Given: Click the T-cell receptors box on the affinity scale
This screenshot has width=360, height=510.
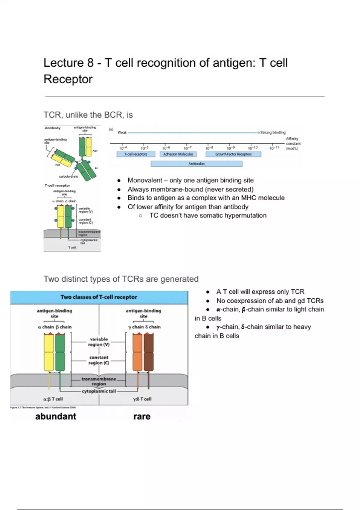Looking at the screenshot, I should [x=136, y=154].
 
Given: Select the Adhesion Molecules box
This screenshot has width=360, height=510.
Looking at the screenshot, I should [x=178, y=154].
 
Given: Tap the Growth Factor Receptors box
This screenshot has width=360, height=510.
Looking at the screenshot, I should [x=233, y=154].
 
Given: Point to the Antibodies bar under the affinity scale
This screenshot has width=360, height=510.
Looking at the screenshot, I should [x=196, y=164].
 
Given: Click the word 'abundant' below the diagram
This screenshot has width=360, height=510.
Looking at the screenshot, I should [x=56, y=416].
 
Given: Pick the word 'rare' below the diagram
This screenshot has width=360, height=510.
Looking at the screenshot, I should [x=142, y=416].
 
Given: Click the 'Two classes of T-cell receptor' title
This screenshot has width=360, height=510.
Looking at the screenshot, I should [x=99, y=297].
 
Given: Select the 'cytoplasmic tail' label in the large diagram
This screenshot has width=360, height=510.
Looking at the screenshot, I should [x=99, y=391].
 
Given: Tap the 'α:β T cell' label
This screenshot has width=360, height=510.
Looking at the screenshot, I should [x=53, y=399].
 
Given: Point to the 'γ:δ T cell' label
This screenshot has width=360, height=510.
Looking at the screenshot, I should [x=142, y=399].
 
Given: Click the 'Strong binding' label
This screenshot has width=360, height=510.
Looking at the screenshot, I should [x=273, y=132].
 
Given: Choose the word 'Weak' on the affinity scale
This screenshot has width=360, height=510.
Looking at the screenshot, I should [x=122, y=132].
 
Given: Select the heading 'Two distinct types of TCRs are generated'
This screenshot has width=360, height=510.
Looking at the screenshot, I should [x=121, y=279].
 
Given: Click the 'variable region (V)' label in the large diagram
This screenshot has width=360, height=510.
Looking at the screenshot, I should [x=99, y=342].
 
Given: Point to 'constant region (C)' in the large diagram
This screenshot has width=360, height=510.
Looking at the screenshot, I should [x=99, y=360].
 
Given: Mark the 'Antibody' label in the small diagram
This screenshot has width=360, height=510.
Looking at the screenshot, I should [x=52, y=128].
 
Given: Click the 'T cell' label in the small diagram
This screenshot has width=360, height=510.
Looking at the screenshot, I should [x=72, y=247].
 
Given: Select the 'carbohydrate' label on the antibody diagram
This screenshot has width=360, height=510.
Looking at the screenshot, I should [x=68, y=176].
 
